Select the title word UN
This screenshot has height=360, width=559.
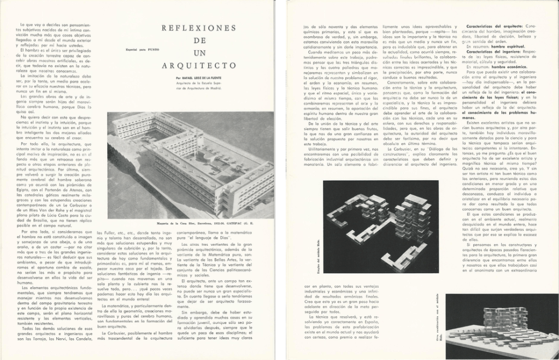[x=198, y=53]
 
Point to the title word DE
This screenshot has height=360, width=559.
[x=199, y=40]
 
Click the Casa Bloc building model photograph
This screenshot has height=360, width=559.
[x=191, y=163]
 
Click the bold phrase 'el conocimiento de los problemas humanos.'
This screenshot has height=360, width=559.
[x=497, y=115]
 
